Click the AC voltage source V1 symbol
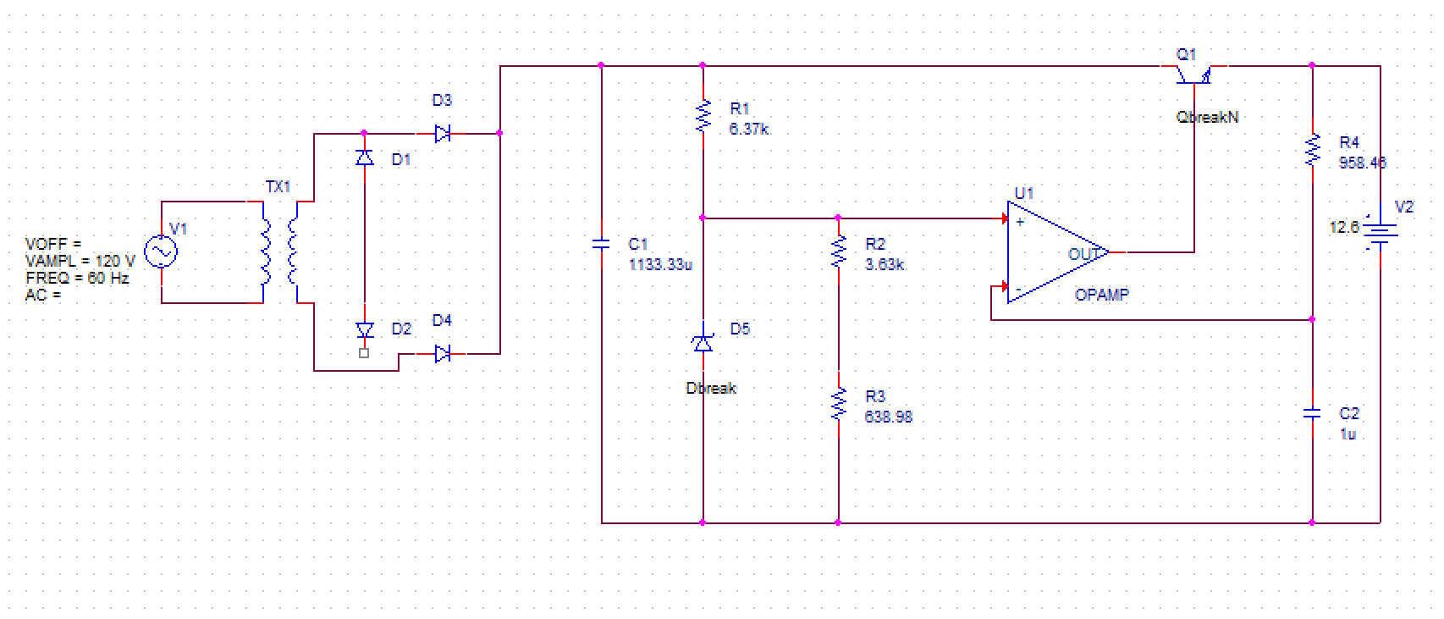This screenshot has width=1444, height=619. [161, 251]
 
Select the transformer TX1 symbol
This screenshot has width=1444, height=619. [279, 251]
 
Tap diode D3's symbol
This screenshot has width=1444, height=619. [442, 133]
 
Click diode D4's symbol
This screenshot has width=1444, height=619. [442, 354]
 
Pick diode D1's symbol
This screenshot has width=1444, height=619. [365, 158]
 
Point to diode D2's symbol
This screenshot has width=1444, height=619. [365, 330]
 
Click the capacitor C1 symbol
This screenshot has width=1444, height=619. [601, 244]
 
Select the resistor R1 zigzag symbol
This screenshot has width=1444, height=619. [703, 117]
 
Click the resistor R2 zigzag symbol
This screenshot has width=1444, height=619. [839, 251]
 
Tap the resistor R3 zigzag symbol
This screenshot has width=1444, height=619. [839, 404]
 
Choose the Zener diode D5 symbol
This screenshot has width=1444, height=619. [703, 342]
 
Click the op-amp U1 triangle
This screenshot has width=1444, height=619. [1054, 251]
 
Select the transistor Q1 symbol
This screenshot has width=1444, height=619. [1193, 75]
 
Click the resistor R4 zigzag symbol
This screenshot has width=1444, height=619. [1313, 150]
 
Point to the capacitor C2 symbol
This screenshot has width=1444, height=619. [1312, 413]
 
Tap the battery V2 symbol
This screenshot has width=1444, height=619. [1380, 235]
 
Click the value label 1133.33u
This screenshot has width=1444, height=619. [660, 264]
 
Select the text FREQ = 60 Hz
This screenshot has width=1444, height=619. [77, 278]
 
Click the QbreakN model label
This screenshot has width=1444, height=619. [1207, 117]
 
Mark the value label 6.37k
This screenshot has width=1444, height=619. [749, 129]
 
